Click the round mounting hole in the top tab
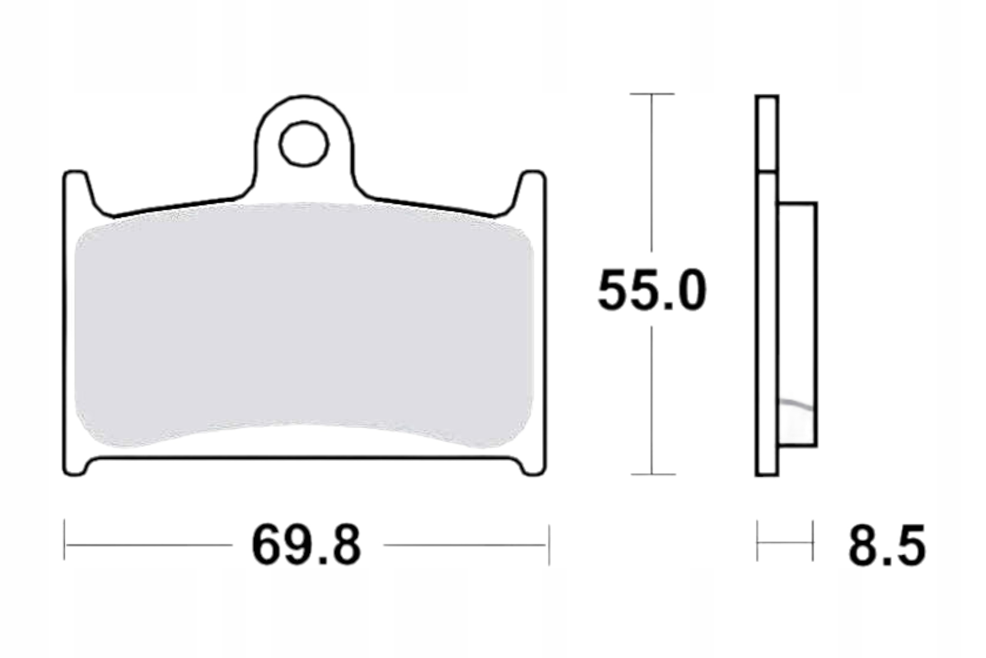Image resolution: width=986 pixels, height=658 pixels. tap(304, 144)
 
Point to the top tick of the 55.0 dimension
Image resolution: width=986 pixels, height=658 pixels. tap(652, 94)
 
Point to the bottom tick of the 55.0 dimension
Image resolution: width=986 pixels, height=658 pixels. tap(653, 474)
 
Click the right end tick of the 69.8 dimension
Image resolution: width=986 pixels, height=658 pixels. tap(549, 544)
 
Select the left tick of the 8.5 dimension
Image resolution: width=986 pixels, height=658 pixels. tap(757, 541)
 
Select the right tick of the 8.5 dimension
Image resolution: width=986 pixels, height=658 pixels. tap(813, 541)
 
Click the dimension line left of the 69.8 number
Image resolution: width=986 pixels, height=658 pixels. tap(149, 545)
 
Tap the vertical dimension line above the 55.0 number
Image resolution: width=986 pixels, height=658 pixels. tap(651, 172)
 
